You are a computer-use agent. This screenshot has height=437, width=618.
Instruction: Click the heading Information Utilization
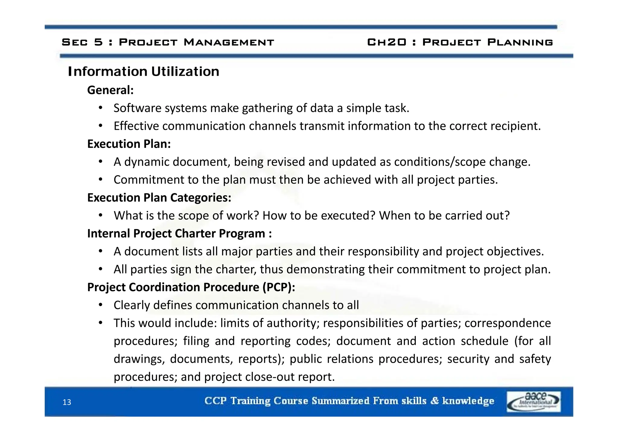(144, 72)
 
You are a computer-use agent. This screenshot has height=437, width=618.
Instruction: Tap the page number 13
(67, 402)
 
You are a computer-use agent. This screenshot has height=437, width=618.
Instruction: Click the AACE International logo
(534, 401)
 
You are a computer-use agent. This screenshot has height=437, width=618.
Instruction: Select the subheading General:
(110, 90)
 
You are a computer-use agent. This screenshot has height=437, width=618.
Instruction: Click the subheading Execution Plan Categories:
(159, 198)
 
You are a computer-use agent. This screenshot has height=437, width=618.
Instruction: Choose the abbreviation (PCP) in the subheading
(278, 287)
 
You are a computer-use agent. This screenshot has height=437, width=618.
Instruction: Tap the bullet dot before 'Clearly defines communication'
(101, 305)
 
